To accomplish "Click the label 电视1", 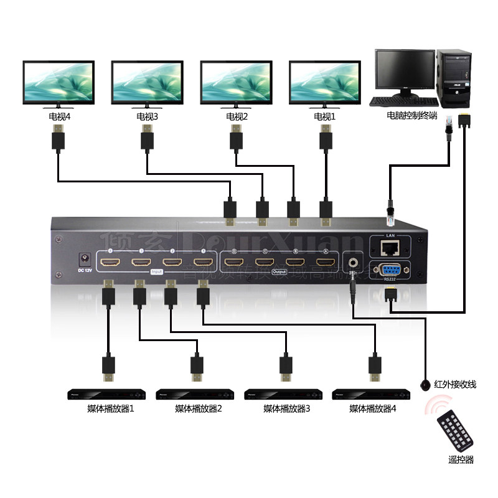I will (325, 116).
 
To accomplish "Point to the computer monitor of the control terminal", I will (405, 72).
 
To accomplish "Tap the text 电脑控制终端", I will (411, 116).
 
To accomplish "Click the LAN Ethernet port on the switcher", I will (390, 249).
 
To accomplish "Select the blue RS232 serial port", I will (390, 270).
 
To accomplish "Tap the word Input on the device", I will (156, 272).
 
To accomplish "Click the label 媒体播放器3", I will (286, 410).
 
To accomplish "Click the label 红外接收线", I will (456, 385).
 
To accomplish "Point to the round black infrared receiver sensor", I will (425, 384).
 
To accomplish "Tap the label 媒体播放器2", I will (199, 410).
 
